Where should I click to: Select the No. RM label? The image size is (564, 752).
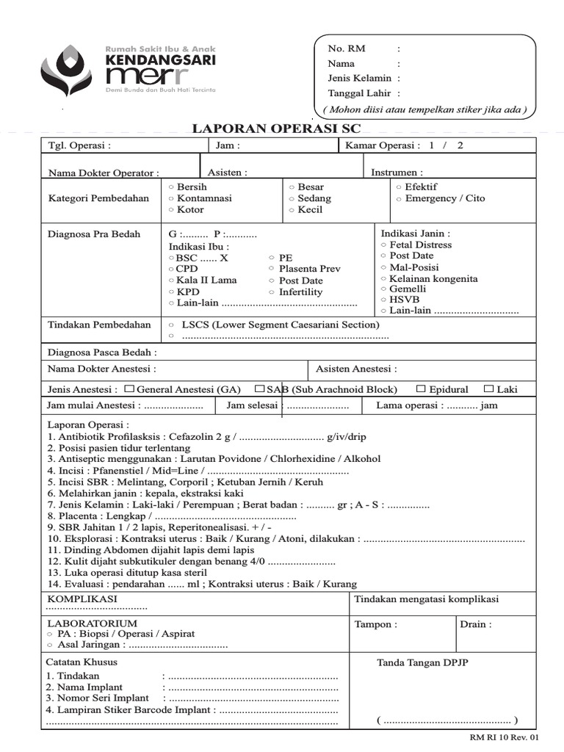[x=346, y=48]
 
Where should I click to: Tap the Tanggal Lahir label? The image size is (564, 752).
[x=359, y=93]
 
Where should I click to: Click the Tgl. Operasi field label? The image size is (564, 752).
[x=79, y=145]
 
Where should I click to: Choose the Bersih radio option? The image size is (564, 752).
[x=171, y=187]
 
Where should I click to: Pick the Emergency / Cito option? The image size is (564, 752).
[x=399, y=198]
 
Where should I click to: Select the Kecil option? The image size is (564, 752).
[x=292, y=210]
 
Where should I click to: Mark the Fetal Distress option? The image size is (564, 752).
[x=383, y=245]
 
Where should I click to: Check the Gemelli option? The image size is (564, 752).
[x=383, y=289]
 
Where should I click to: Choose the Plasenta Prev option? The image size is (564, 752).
[x=272, y=270]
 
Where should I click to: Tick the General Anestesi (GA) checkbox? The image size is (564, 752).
[x=129, y=388]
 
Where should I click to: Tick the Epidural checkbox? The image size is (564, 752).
[x=421, y=388]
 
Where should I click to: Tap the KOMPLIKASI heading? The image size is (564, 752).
[x=82, y=599]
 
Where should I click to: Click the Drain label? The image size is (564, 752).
[x=475, y=624]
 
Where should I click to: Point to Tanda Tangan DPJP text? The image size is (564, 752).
[x=422, y=662]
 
